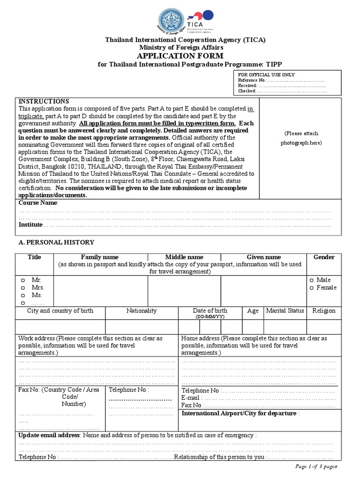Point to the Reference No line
click(281, 80)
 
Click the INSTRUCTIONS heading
click(44, 101)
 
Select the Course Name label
click(38, 202)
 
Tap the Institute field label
click(30, 225)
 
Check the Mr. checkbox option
click(22, 280)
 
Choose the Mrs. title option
click(22, 287)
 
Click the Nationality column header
click(142, 311)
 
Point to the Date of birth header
click(210, 311)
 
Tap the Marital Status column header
click(285, 311)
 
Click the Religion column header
click(323, 311)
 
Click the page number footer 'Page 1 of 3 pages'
click(316, 467)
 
